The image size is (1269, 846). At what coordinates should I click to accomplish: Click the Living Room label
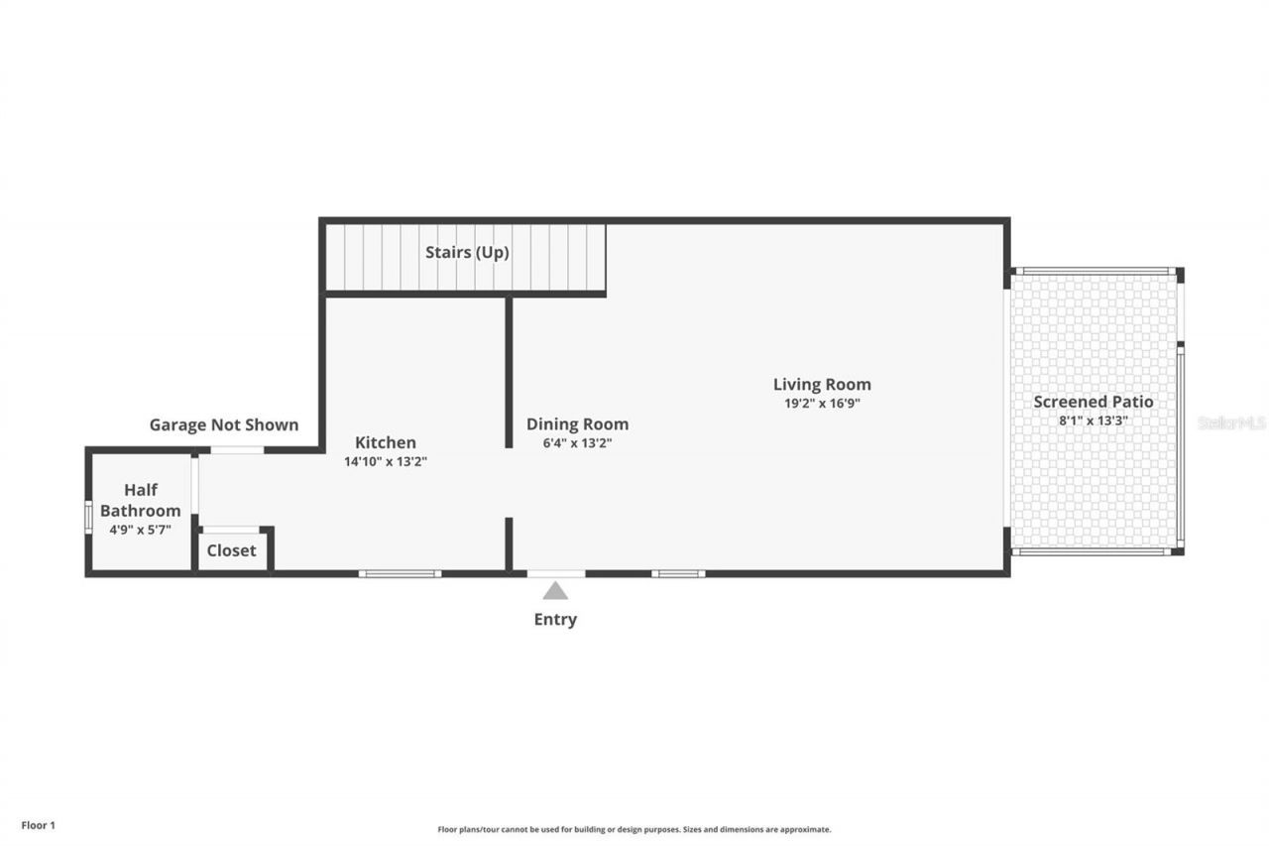coord(822,385)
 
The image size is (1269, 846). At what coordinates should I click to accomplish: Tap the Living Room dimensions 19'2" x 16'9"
coord(822,404)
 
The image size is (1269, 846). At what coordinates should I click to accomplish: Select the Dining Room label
coord(577,424)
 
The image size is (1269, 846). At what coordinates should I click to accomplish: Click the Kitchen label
coord(386,442)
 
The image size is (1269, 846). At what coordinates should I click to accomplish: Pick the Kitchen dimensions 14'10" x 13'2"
coord(386,461)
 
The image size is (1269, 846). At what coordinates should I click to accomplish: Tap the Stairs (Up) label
coord(467,252)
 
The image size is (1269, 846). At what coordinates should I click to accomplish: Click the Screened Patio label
coord(1094,402)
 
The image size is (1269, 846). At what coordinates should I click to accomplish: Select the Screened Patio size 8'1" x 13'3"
coord(1094,421)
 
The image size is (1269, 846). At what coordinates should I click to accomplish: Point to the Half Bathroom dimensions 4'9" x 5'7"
coord(140,530)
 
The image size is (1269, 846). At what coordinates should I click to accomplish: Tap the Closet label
coord(231,550)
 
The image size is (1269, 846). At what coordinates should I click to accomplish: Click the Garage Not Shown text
coord(224,424)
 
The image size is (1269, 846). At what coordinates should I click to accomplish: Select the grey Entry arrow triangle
coord(555,591)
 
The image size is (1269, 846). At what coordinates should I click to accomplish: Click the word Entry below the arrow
coord(555,620)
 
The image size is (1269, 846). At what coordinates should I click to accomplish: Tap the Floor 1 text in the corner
coord(39,824)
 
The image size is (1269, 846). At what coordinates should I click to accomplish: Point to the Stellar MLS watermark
coord(1231,423)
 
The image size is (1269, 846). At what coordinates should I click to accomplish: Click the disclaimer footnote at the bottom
coord(634,829)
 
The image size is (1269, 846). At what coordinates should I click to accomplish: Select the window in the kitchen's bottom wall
coord(400,573)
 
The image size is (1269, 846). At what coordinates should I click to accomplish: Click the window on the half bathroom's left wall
coord(88,517)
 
